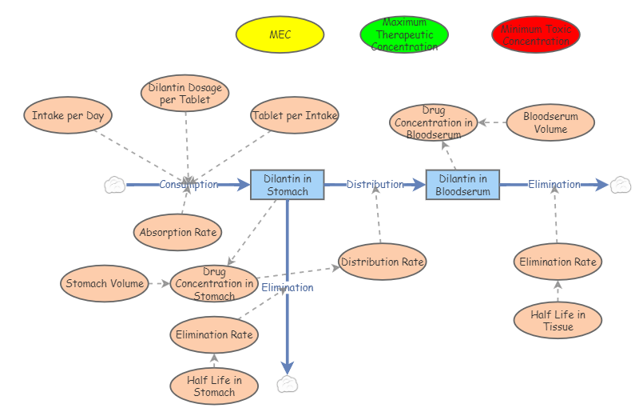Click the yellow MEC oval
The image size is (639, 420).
[x=280, y=34]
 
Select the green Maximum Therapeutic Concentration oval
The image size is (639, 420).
[x=404, y=34]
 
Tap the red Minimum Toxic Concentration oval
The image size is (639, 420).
[x=535, y=34]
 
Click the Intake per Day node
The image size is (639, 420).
[x=68, y=115]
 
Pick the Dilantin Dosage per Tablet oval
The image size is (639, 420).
[x=185, y=94]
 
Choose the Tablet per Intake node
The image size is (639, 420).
[x=295, y=115]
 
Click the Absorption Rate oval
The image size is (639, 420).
[x=178, y=233]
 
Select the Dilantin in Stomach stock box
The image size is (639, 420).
[x=287, y=185]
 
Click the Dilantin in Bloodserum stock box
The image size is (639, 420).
[x=462, y=185]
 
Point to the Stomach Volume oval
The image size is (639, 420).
[x=105, y=283]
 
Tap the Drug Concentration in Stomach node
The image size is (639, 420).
[x=215, y=283]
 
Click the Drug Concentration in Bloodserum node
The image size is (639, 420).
[x=434, y=122]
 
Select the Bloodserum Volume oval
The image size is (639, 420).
[x=550, y=122]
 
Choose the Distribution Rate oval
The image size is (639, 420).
[x=382, y=262]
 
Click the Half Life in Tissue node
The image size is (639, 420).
[x=558, y=320]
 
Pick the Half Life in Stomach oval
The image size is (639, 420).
[x=214, y=386]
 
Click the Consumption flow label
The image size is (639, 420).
[x=189, y=185]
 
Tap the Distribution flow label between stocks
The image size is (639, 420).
[x=375, y=185]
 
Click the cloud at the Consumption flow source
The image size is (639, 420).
[x=115, y=186]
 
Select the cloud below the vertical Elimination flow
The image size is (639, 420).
[x=287, y=385]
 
